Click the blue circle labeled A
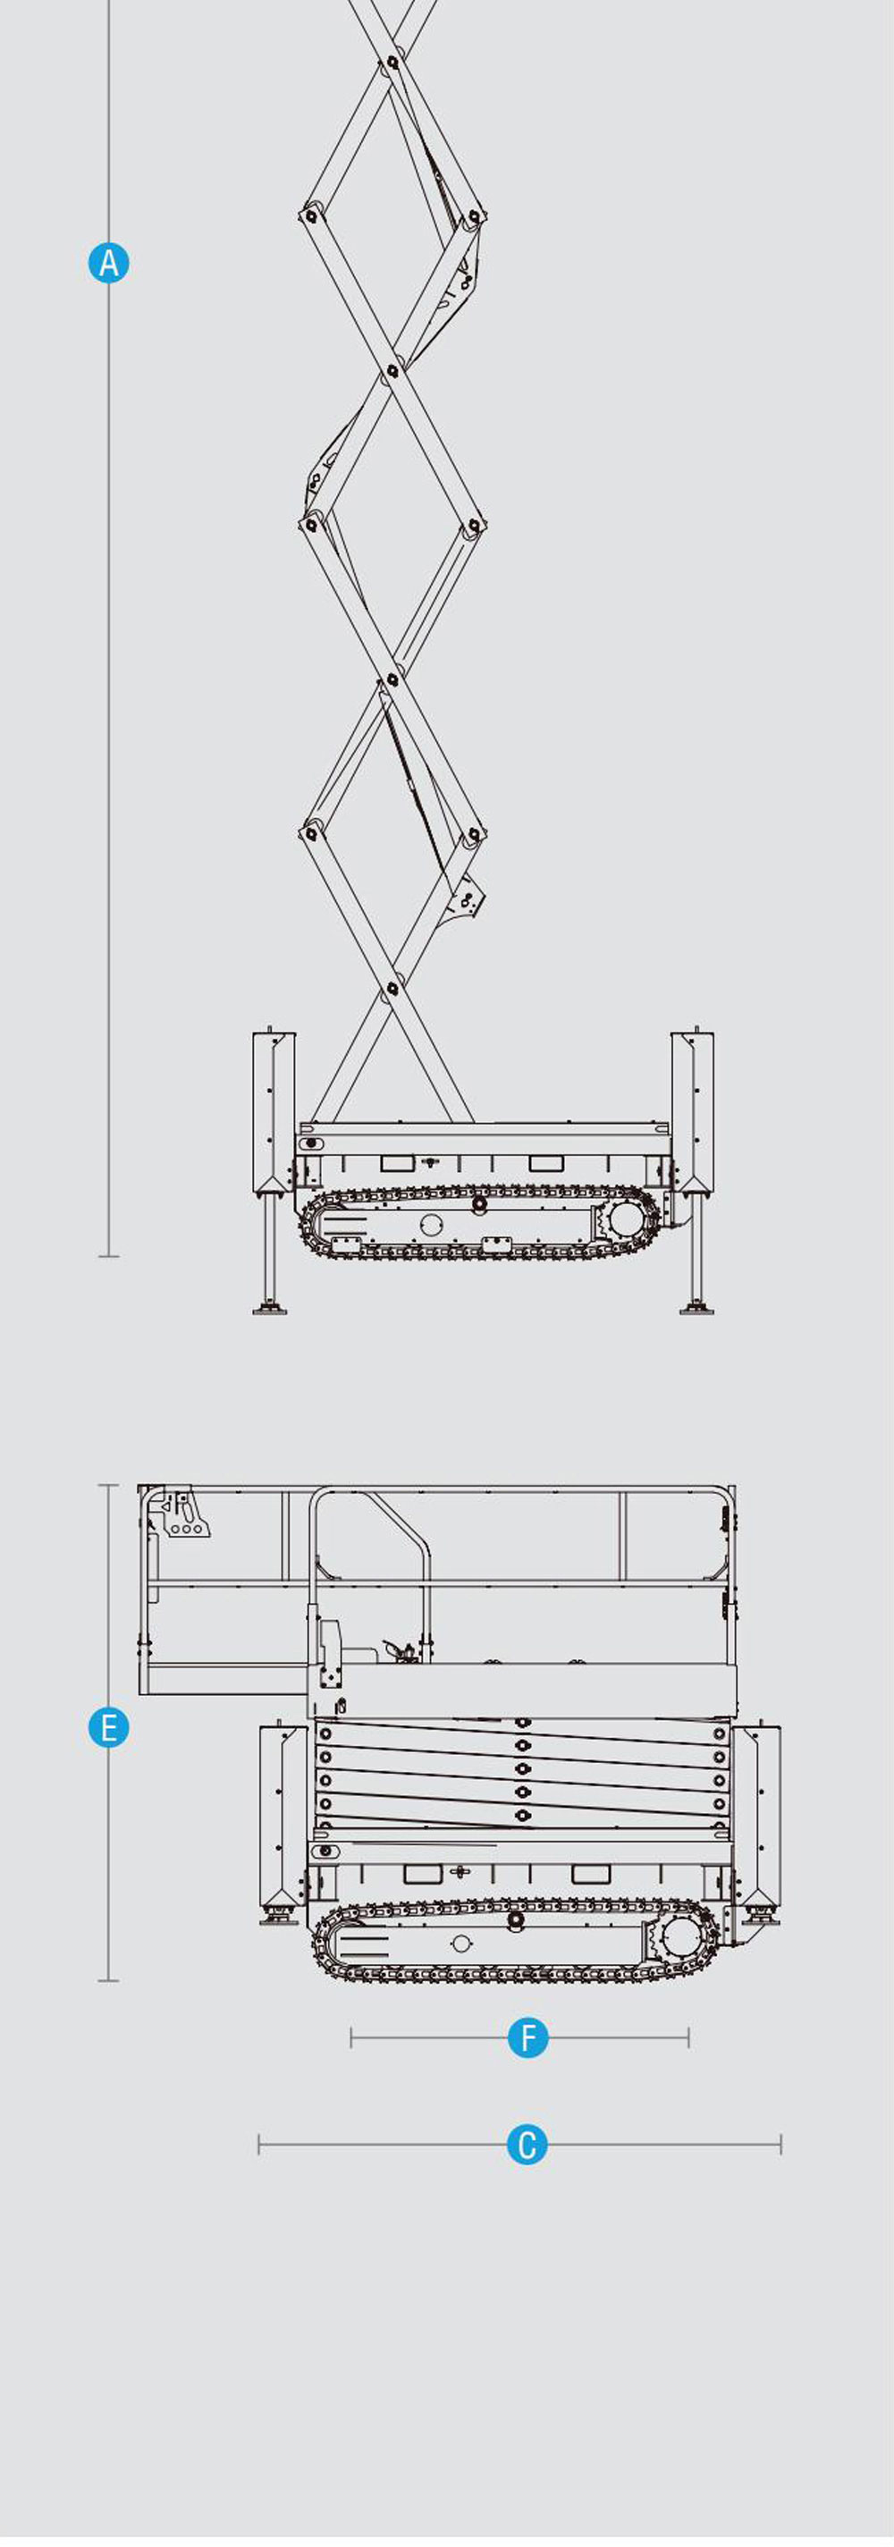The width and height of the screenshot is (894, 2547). coord(109,263)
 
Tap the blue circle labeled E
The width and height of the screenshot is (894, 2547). coord(109,1727)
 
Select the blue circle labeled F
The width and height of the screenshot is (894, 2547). coord(528,2037)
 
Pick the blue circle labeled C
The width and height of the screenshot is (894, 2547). coord(527,2145)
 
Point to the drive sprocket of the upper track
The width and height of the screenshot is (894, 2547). coord(625,1219)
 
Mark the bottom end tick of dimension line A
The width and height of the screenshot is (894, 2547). coord(109,1257)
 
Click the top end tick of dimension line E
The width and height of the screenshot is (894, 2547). coord(109,1485)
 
